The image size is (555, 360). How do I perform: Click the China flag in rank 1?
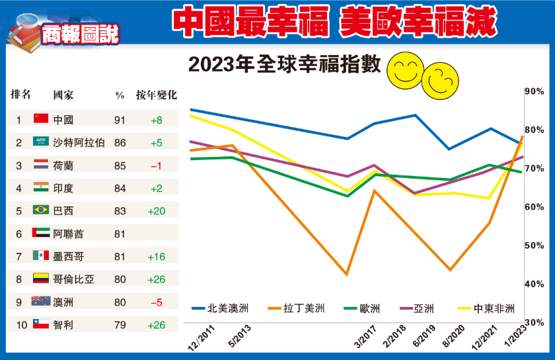[41, 119]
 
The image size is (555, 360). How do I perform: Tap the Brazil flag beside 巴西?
[41, 210]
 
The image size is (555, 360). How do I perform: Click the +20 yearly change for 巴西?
[156, 210]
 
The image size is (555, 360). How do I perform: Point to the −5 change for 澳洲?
[156, 302]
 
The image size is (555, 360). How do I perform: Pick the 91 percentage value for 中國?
[120, 120]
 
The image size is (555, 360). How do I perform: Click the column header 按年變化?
[157, 95]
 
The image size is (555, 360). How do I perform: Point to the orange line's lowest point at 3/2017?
[348, 274]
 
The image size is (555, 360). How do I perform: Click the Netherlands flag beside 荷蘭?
[41, 165]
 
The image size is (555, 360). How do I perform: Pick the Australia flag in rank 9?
[41, 302]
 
